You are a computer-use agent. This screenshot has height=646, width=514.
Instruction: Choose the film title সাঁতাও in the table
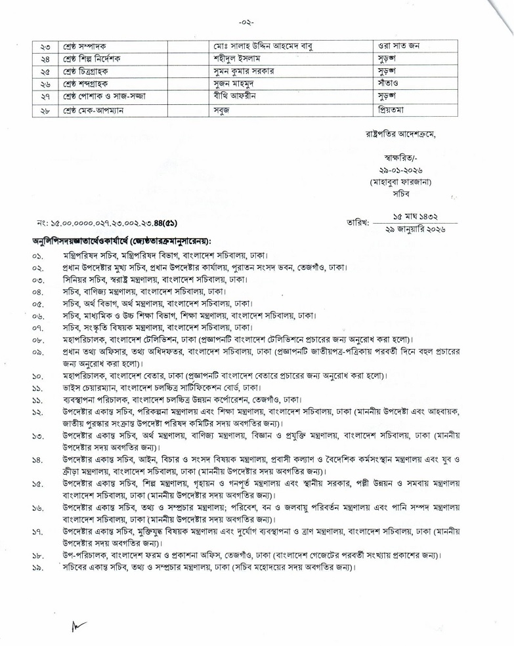(x=391, y=84)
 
